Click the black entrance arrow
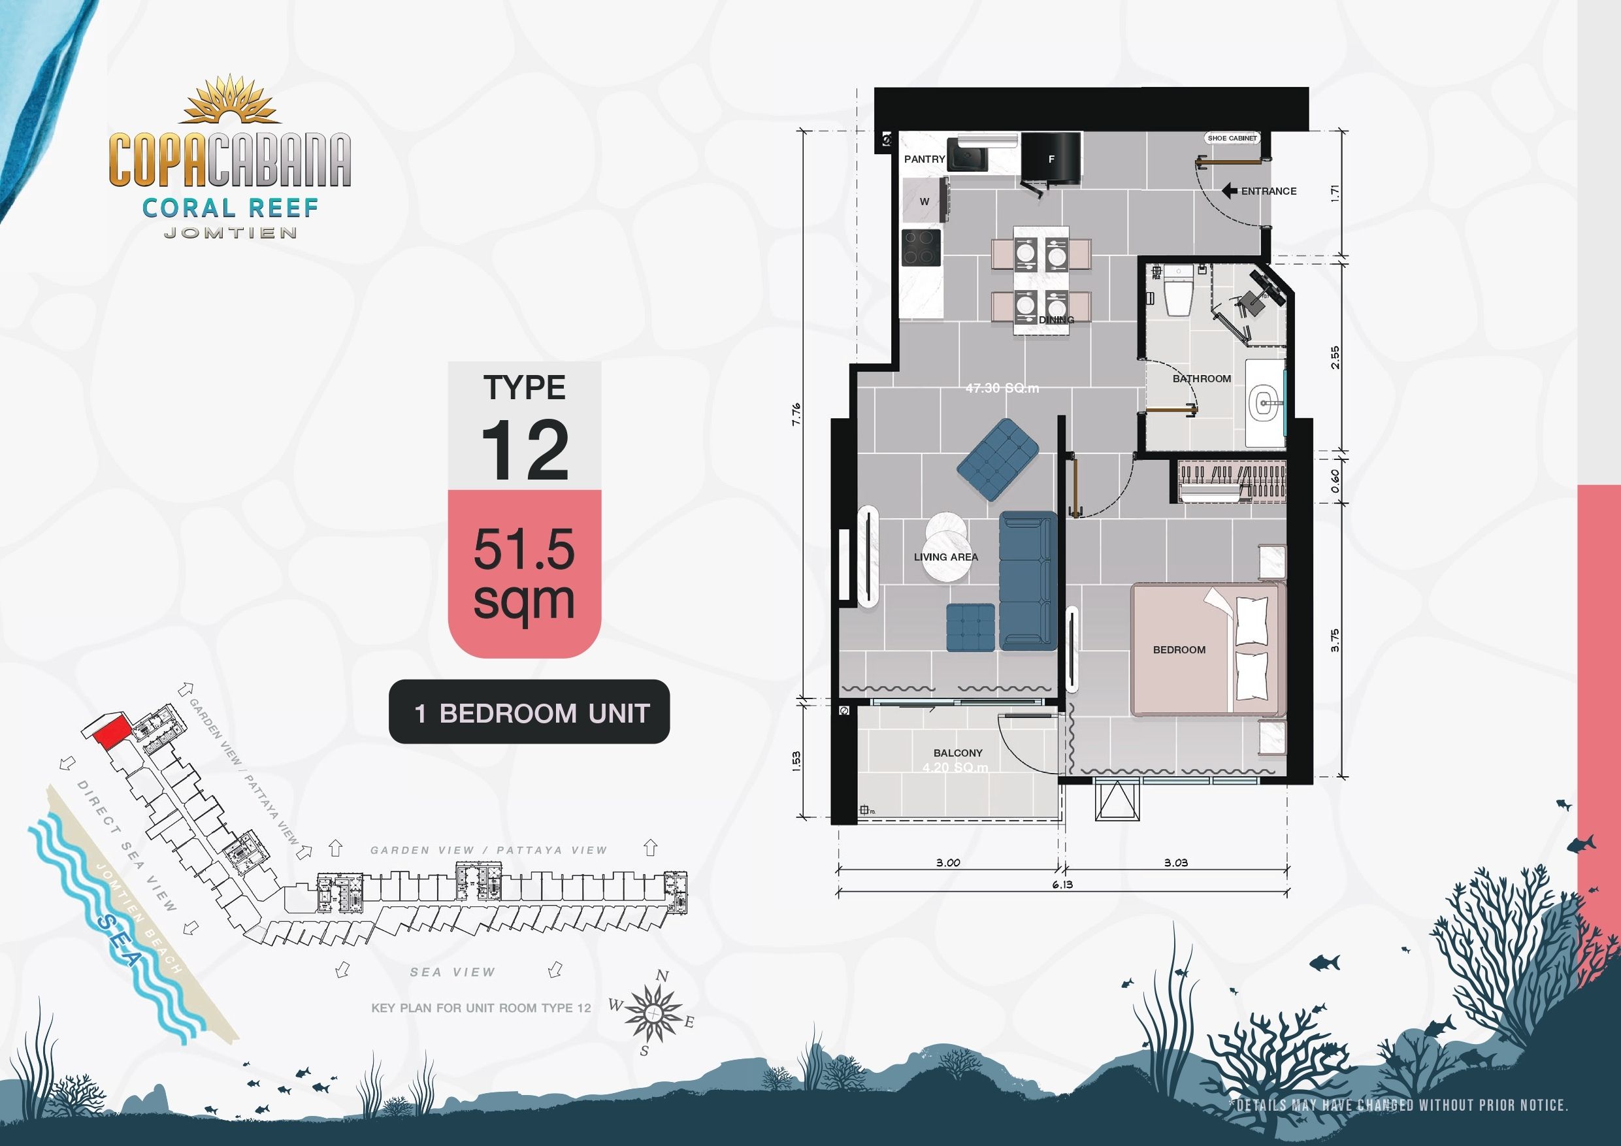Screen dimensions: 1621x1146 tap(1229, 191)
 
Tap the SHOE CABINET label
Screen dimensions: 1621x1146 tap(1232, 139)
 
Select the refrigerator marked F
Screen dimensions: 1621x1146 tap(1051, 159)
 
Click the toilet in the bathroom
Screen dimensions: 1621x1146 tap(1177, 291)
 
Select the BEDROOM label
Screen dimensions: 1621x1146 tap(1179, 649)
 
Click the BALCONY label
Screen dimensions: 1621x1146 tap(957, 753)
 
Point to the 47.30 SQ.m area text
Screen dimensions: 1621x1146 tap(1002, 388)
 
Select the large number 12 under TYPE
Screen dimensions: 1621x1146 tap(525, 450)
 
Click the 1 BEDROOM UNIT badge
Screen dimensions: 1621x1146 tap(529, 712)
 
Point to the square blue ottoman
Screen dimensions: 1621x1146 tap(970, 627)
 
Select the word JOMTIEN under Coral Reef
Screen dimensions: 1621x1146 tap(230, 233)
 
